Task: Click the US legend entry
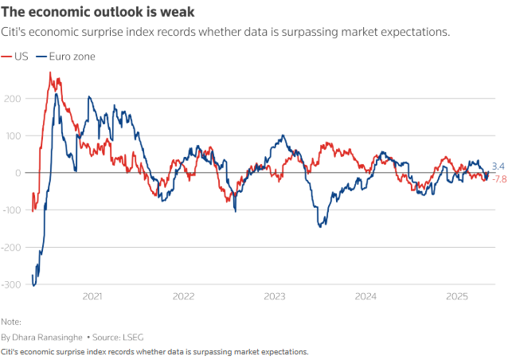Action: tap(21, 57)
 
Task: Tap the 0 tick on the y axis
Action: tap(18, 173)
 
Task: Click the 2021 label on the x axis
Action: tap(92, 296)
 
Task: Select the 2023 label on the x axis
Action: tap(275, 296)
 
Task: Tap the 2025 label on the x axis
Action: tap(457, 296)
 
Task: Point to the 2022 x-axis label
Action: tap(183, 296)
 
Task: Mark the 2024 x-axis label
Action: tap(365, 296)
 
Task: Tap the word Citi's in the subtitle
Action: tap(15, 33)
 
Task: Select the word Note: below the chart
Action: tap(11, 322)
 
